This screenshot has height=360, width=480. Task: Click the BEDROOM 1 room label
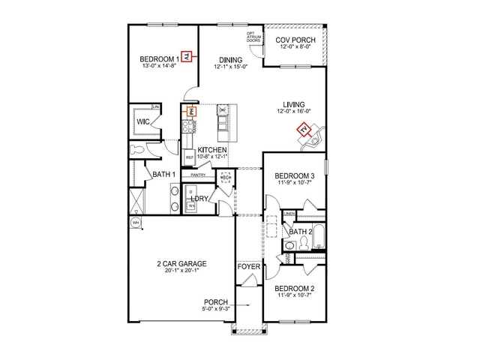pyautogui.click(x=158, y=58)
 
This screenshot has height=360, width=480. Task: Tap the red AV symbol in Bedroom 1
pyautogui.click(x=187, y=55)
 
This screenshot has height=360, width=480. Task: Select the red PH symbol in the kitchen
pyautogui.click(x=191, y=110)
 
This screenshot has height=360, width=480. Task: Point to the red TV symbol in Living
pyautogui.click(x=304, y=131)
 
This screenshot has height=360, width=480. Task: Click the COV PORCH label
pyautogui.click(x=295, y=40)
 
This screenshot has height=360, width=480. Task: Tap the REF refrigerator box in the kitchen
pyautogui.click(x=190, y=157)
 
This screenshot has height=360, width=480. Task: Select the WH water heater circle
pyautogui.click(x=136, y=223)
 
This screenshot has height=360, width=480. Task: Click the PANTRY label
pyautogui.click(x=198, y=175)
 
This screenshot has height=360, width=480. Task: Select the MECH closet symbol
pyautogui.click(x=224, y=177)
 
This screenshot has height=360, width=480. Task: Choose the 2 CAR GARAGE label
pyautogui.click(x=181, y=264)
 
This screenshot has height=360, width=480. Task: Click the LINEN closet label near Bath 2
pyautogui.click(x=289, y=214)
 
